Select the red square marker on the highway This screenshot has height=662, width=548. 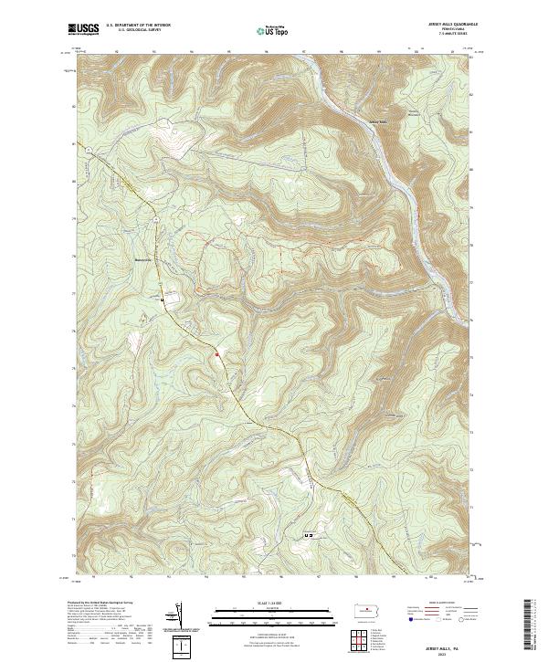216,353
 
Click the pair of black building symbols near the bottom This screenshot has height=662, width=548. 309,535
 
